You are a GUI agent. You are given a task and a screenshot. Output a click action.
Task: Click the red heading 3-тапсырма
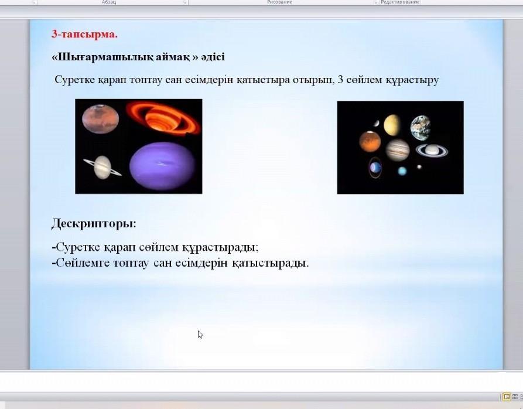tap(84, 34)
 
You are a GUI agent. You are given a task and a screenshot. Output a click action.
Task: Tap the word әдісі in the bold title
tap(213, 56)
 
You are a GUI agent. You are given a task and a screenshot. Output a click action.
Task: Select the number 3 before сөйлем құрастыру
tap(340, 80)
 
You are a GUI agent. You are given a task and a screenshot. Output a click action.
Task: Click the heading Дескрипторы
tap(94, 223)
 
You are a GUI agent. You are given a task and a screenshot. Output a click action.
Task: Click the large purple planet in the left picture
tap(162, 166)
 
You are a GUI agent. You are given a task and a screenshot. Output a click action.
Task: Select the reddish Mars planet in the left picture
tap(100, 119)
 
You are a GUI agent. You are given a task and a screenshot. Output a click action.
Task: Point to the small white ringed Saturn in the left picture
tap(102, 167)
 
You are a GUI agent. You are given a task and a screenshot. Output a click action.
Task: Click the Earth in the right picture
tap(421, 128)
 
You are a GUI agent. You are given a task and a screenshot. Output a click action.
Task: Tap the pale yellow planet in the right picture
tap(392, 125)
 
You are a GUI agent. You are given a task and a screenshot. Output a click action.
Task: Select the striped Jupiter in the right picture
tap(397, 150)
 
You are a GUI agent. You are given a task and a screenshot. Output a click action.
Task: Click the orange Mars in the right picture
tap(370, 141)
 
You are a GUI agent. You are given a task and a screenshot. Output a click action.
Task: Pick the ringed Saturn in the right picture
tap(432, 150)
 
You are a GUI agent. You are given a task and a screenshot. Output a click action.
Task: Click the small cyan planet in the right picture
tap(402, 171)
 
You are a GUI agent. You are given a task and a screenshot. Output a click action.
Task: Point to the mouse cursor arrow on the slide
tap(200, 335)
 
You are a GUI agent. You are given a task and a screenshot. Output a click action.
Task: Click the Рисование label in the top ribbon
tap(279, 2)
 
